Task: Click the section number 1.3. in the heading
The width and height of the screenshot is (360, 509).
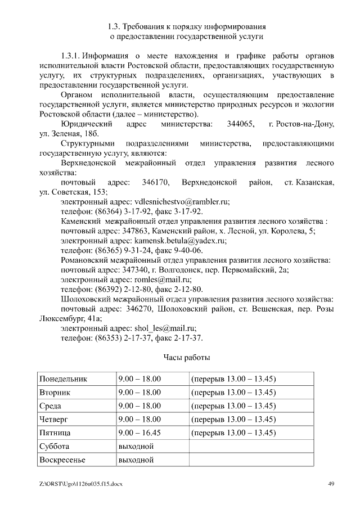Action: pos(113,26)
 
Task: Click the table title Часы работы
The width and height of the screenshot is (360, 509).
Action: pos(187,357)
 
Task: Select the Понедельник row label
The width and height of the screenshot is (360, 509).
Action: pos(63,379)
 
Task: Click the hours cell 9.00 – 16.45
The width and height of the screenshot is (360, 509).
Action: pos(139,433)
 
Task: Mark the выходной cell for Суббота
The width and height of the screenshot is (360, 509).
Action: pos(136,446)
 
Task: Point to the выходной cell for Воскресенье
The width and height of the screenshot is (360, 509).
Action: pos(136,460)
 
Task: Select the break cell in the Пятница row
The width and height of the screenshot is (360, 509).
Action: pos(233,433)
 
